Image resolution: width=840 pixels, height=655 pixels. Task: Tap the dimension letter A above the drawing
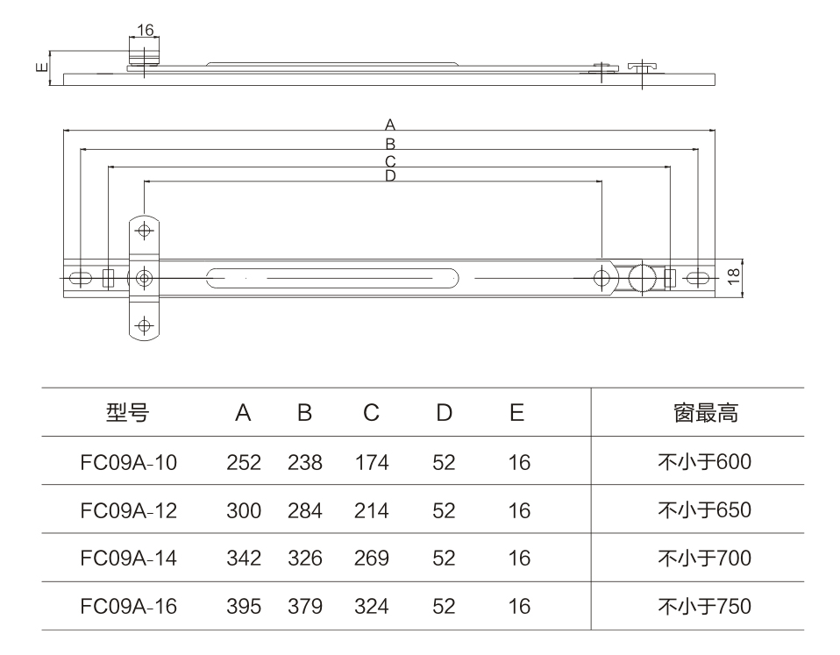pos(390,124)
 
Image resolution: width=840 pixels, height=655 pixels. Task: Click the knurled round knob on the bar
pos(643,278)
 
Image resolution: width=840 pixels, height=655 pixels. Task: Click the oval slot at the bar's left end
pos(80,278)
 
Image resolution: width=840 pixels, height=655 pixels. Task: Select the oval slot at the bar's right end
pos(699,278)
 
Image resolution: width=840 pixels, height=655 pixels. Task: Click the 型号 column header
pos(128,413)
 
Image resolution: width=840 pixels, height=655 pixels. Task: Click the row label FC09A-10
pos(128,462)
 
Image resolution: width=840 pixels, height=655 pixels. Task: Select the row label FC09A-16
pos(128,606)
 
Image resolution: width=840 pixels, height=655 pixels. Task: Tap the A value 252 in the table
pos(243,462)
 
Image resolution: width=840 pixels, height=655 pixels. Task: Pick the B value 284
pos(304,510)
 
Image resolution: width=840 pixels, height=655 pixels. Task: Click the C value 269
pos(371,559)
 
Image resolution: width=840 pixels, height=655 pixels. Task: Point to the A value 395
pos(243,606)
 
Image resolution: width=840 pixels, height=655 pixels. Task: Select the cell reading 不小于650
pos(705,510)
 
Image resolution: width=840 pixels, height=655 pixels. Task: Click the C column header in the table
pos(371,413)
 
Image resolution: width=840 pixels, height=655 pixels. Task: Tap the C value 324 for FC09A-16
pos(371,606)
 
